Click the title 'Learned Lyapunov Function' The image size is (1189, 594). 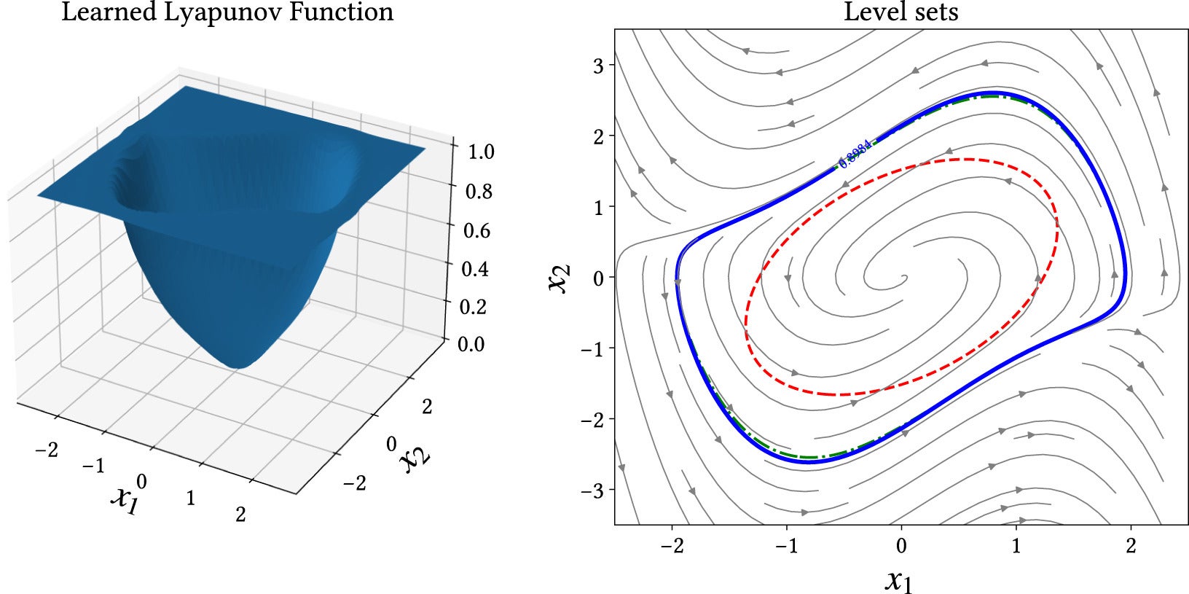point(227,12)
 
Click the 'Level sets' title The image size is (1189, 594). point(900,12)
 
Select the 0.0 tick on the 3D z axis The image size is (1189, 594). point(471,343)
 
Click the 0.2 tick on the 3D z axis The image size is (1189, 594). point(474,306)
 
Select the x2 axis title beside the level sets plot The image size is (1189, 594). point(560,278)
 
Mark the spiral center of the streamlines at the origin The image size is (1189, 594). point(903,277)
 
